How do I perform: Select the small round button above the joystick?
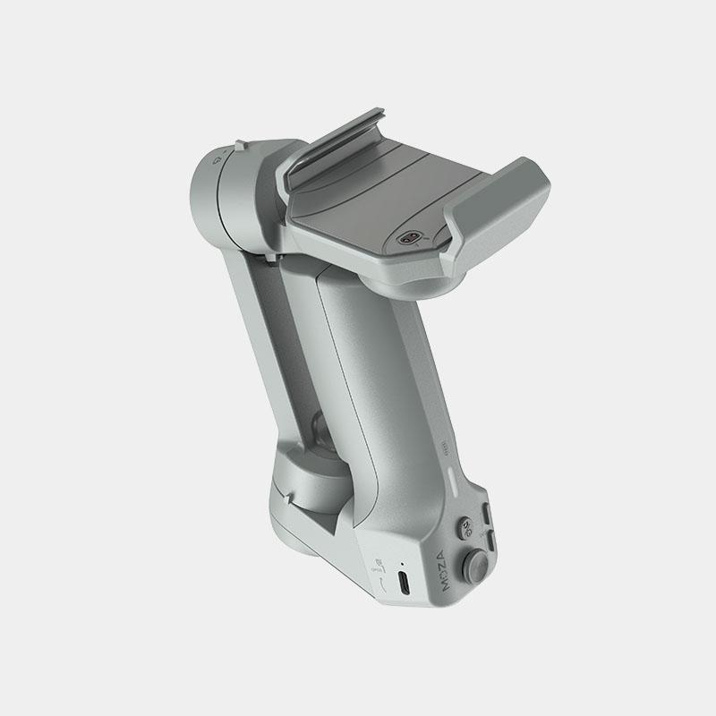(465, 528)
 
